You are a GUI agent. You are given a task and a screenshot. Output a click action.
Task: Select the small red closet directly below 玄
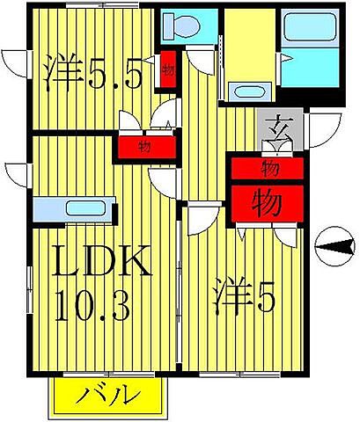268,165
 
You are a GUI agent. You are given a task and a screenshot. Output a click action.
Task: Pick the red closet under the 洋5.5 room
143,148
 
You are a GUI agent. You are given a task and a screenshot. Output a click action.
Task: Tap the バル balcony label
111,395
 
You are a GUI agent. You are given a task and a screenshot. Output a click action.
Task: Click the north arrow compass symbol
329,247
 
